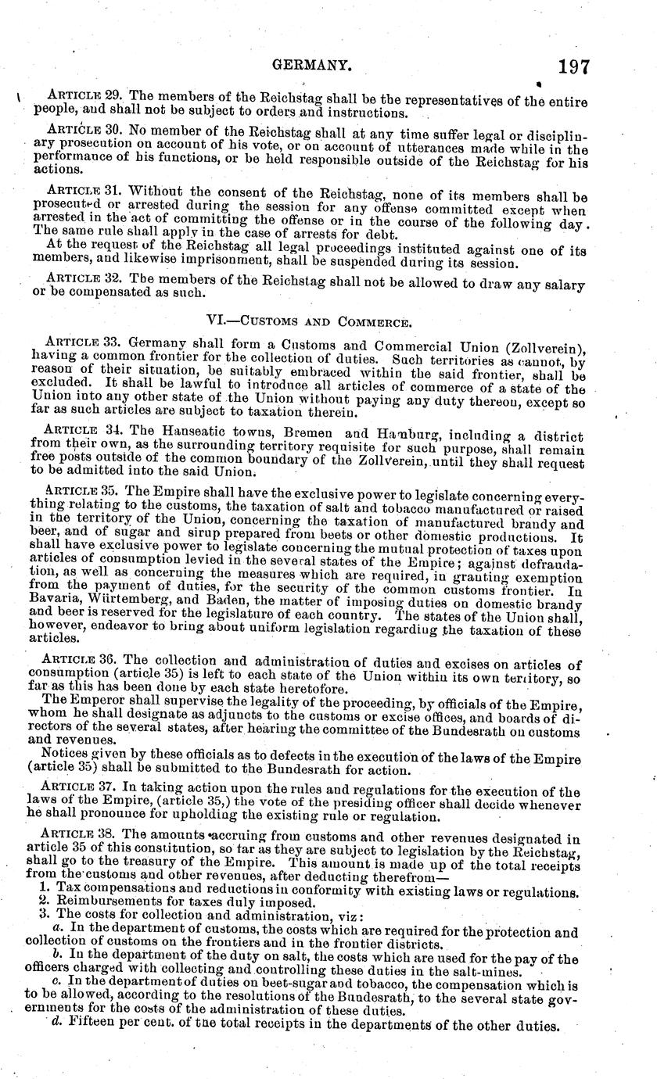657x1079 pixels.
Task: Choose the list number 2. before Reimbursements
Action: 44,904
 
